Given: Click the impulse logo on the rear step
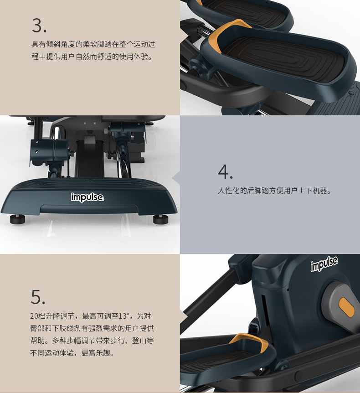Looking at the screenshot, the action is pyautogui.click(x=87, y=197).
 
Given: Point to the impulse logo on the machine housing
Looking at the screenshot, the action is pyautogui.click(x=324, y=264).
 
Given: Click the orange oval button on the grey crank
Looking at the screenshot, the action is pyautogui.click(x=346, y=307).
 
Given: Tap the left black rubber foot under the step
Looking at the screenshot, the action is pyautogui.click(x=17, y=218).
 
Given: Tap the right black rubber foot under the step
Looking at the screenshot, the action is pyautogui.click(x=161, y=218).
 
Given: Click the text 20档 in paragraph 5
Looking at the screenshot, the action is pyautogui.click(x=37, y=316).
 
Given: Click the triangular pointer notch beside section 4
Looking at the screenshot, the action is pyautogui.click(x=176, y=178).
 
